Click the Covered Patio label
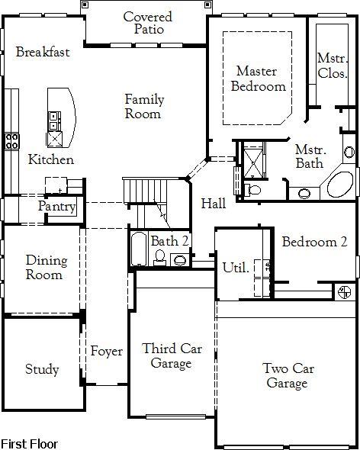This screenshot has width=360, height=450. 148,23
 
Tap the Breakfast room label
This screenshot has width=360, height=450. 43,52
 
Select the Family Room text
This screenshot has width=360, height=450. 144,107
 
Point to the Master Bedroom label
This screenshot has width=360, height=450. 259,79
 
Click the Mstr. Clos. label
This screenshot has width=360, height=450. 333,66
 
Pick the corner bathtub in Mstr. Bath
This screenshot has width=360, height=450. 340,185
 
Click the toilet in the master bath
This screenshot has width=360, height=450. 252,190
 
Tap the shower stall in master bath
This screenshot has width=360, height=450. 253,163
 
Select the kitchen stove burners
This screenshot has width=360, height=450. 11,141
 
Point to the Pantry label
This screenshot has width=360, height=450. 57,207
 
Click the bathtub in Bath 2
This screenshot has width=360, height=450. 139,249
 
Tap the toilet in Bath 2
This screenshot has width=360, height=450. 159,258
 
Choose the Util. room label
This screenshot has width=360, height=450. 236,268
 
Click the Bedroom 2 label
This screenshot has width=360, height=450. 315,242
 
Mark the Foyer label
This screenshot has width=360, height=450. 107,351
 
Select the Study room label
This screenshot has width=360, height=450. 42,369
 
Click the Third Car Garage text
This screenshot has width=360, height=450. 172,355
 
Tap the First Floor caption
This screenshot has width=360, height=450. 29,444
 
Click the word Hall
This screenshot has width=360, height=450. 214,204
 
